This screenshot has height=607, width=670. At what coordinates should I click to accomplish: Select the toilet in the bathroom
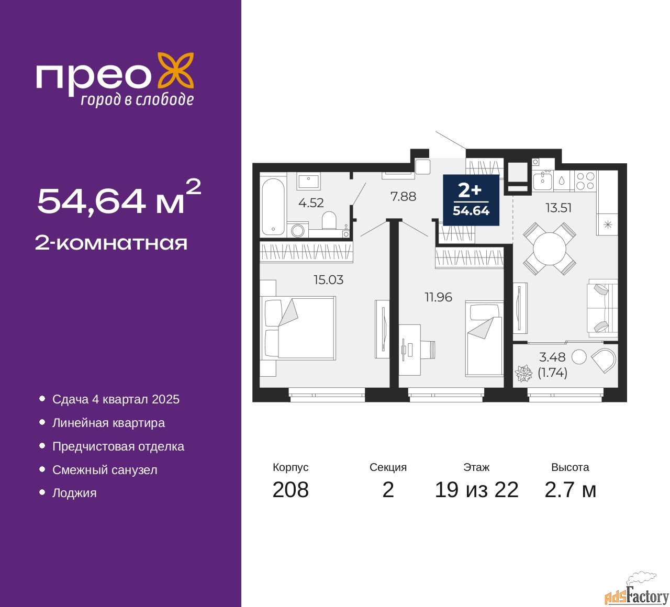point(329,220)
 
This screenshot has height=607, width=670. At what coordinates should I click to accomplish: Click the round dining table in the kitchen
point(550,249)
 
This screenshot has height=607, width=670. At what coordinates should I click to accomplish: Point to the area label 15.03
point(328,280)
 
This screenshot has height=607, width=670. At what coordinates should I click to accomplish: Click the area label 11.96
point(438,297)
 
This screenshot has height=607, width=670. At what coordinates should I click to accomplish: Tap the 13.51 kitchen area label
point(559,208)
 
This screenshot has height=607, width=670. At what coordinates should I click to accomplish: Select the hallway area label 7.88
point(403,197)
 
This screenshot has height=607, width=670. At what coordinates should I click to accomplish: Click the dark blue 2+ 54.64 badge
point(471,200)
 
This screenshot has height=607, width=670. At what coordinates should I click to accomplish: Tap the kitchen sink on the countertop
point(542,181)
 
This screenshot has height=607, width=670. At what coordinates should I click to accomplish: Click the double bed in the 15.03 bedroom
point(298,328)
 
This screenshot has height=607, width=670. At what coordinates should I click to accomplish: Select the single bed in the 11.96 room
point(484,339)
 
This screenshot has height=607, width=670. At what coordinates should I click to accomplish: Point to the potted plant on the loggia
point(523,373)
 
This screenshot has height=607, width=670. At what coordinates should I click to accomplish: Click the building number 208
point(291,490)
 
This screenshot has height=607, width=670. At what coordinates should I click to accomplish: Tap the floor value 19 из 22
point(476,490)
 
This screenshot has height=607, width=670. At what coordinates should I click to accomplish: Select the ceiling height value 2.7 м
point(570,490)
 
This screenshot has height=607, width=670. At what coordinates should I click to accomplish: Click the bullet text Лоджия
point(74,493)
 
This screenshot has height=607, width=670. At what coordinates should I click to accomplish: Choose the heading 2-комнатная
point(111,243)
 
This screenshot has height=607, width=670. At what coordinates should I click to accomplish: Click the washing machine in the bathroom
point(298,230)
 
